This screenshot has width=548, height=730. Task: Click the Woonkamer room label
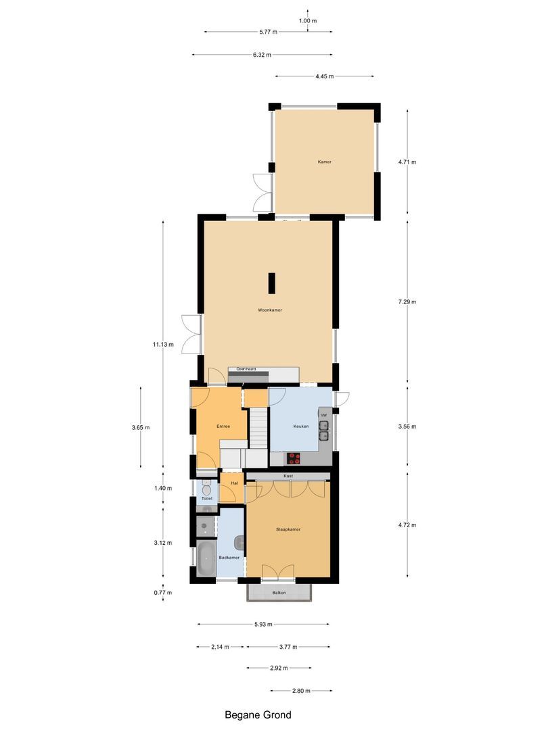[x=269, y=310]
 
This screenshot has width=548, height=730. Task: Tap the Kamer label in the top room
[x=325, y=162]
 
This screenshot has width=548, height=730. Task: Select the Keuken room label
[x=301, y=427]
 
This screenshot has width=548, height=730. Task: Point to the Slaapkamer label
[x=288, y=529]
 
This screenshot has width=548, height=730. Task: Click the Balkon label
[x=279, y=593]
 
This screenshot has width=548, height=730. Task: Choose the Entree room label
[x=223, y=427]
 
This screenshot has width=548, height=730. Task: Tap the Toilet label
[x=207, y=498]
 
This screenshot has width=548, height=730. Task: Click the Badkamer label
[x=229, y=558]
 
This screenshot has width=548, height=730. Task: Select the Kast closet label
[x=288, y=476]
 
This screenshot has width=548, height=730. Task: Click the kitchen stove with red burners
[x=294, y=458]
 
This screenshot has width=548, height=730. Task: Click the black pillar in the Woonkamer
[x=271, y=283]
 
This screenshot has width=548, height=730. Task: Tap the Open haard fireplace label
[x=246, y=369]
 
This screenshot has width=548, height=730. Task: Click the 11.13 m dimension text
[x=163, y=344]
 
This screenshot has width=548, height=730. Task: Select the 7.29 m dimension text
[x=406, y=301]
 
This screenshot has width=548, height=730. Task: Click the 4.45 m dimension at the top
[x=325, y=76]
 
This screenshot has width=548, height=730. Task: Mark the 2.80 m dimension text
[x=301, y=691]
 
